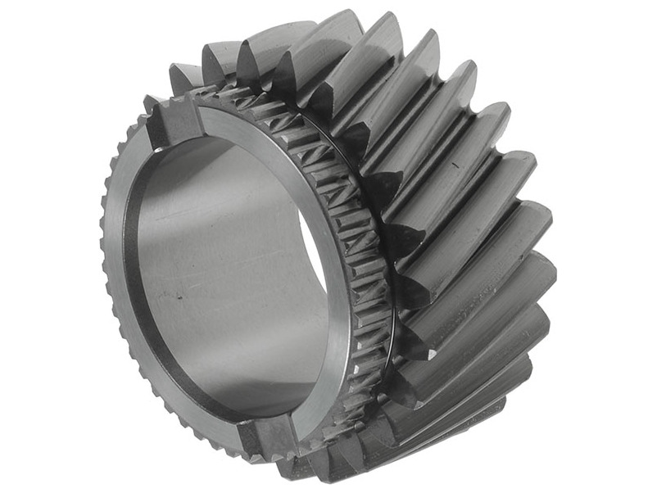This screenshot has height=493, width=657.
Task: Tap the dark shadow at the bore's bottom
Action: pyautogui.click(x=246, y=385)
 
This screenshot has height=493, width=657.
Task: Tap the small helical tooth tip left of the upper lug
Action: pyautogui.click(x=152, y=103)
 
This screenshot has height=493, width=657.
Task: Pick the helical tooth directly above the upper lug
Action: pyautogui.click(x=184, y=78)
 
